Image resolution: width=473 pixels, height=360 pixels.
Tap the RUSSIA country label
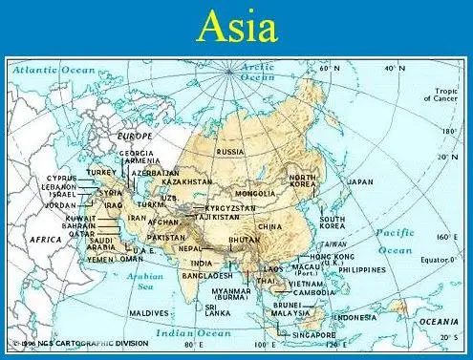point(230,152)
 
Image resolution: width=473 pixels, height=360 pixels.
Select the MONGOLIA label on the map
point(255,194)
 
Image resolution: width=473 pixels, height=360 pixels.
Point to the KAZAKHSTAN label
point(186,181)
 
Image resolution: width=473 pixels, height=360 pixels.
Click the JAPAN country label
point(360,181)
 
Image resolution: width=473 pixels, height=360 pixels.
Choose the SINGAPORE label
point(313,335)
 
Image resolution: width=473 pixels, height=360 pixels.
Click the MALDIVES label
point(149,312)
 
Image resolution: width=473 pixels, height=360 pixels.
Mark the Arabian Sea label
point(146,281)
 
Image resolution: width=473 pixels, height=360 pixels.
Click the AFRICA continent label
point(46,239)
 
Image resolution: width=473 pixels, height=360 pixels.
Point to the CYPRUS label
point(62,178)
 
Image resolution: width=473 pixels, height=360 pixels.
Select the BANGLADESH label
point(206,275)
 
